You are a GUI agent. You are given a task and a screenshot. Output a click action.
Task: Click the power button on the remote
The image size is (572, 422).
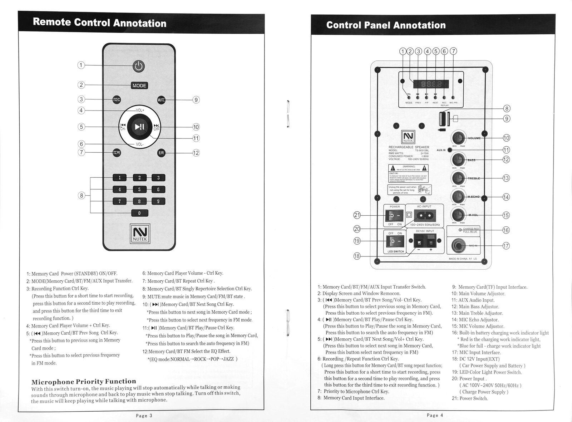pos(139,66)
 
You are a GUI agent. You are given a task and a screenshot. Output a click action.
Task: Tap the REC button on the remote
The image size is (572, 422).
pos(117,100)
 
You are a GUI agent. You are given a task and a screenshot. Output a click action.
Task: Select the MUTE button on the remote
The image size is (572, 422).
pos(161,100)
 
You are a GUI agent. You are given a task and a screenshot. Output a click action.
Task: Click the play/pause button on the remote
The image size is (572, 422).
pos(139,126)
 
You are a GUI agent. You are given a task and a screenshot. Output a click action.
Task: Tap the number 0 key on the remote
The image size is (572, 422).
pos(139,213)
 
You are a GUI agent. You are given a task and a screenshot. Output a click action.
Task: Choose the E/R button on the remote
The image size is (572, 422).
pos(161,153)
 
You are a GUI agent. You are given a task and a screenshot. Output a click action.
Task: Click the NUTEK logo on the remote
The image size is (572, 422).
pos(139,234)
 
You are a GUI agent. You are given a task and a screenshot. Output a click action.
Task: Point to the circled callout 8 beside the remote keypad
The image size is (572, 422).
pos(82,195)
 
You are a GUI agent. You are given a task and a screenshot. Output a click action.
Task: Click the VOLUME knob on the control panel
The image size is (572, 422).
pos(458,138)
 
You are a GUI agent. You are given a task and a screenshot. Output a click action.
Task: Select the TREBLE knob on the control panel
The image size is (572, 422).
pos(458,178)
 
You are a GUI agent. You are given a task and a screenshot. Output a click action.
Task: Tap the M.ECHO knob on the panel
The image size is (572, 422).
pos(458,196)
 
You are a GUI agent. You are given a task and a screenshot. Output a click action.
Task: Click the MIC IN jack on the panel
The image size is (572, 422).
pos(458,246)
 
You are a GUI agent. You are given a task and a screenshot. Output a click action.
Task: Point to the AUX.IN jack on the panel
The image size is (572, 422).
pos(450,150)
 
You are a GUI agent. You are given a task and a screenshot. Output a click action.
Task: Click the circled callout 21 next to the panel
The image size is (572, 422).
pos(357,215)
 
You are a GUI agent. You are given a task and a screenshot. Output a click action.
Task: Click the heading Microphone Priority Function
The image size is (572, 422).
pos(84,382)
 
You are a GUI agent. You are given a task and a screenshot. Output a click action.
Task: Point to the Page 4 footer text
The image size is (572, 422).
pos(435,415)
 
